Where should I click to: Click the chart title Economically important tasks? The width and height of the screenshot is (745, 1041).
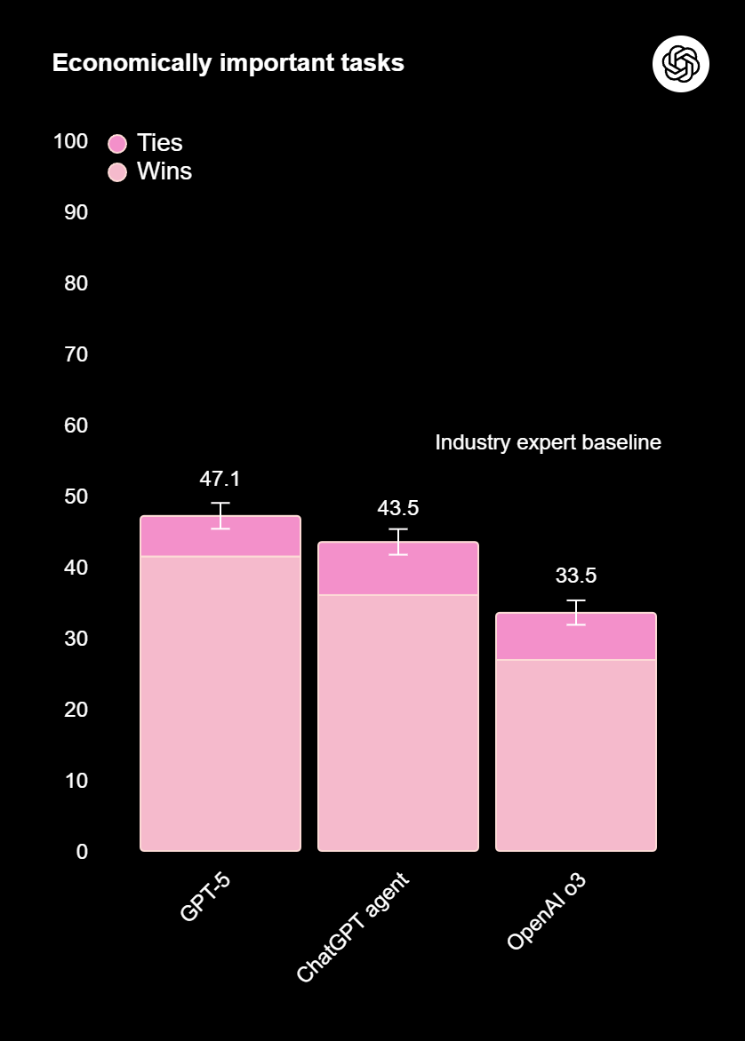(x=228, y=63)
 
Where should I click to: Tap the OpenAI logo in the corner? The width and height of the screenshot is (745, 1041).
(x=680, y=64)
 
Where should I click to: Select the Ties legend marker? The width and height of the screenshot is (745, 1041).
(x=117, y=143)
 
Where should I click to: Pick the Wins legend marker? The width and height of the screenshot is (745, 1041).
(x=117, y=171)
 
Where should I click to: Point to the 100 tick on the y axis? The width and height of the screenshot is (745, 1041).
(x=70, y=141)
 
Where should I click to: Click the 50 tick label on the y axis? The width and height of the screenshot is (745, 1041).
(x=76, y=497)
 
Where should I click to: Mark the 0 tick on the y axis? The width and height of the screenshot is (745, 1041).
(x=82, y=852)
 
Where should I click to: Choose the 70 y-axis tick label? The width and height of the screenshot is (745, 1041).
(x=76, y=354)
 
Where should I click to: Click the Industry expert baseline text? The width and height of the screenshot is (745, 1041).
(x=548, y=442)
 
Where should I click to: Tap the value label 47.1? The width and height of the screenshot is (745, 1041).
(x=220, y=479)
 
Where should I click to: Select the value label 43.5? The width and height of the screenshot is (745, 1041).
(x=397, y=508)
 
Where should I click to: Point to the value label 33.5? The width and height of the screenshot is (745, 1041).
(x=575, y=576)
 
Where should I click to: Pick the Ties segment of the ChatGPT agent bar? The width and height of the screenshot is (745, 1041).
(x=398, y=569)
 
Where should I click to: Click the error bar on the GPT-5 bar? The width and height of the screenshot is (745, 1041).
(x=220, y=515)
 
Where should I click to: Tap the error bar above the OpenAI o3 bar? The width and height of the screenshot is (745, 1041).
(x=576, y=613)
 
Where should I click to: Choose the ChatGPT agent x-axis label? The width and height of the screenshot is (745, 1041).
(x=352, y=927)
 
